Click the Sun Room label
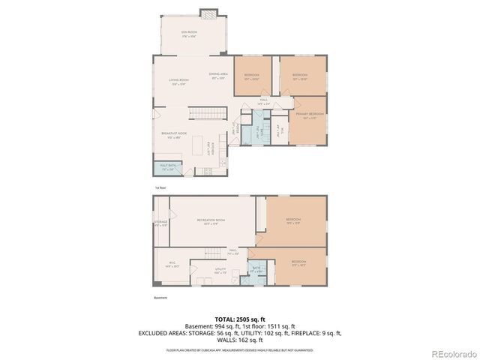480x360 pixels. click(x=188, y=34)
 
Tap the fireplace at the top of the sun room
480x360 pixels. click(x=208, y=13)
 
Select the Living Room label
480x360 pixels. click(x=178, y=81)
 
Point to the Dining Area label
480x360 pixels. click(x=218, y=74)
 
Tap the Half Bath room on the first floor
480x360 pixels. click(x=166, y=169)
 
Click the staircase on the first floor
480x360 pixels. click(x=206, y=113)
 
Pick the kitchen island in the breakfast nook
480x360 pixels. click(x=199, y=146)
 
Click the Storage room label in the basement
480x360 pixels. click(x=160, y=223)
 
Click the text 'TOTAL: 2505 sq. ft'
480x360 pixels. click(x=240, y=319)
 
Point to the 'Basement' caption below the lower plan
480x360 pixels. click(x=160, y=298)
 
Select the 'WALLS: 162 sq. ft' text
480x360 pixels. click(x=240, y=340)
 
